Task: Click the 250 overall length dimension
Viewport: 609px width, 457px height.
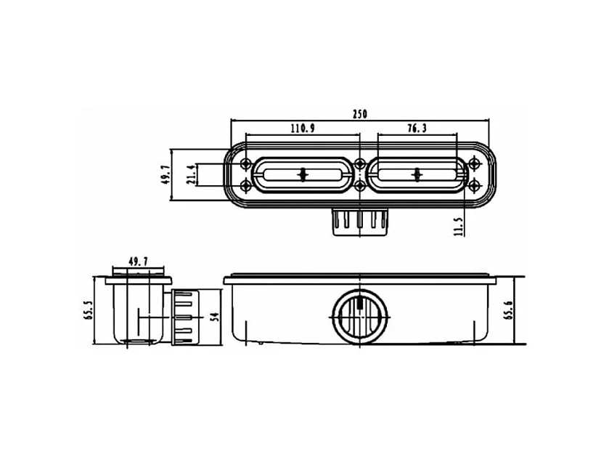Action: pyautogui.click(x=360, y=113)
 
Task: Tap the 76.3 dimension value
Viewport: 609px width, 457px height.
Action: pyautogui.click(x=417, y=128)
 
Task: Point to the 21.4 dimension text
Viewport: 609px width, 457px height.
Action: pyautogui.click(x=190, y=174)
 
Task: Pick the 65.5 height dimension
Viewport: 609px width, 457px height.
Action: pyautogui.click(x=89, y=310)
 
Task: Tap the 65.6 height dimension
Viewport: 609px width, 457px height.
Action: pyautogui.click(x=509, y=310)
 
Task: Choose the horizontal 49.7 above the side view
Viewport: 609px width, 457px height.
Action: pyautogui.click(x=139, y=261)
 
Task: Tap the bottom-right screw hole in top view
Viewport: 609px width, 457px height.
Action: pyautogui.click(x=475, y=187)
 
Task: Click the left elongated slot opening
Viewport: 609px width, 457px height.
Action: pyautogui.click(x=303, y=174)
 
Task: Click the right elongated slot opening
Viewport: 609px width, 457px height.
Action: pyautogui.click(x=417, y=174)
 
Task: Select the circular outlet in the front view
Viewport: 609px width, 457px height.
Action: pyautogui.click(x=360, y=317)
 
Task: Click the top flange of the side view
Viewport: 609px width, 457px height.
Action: pyautogui.click(x=139, y=278)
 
